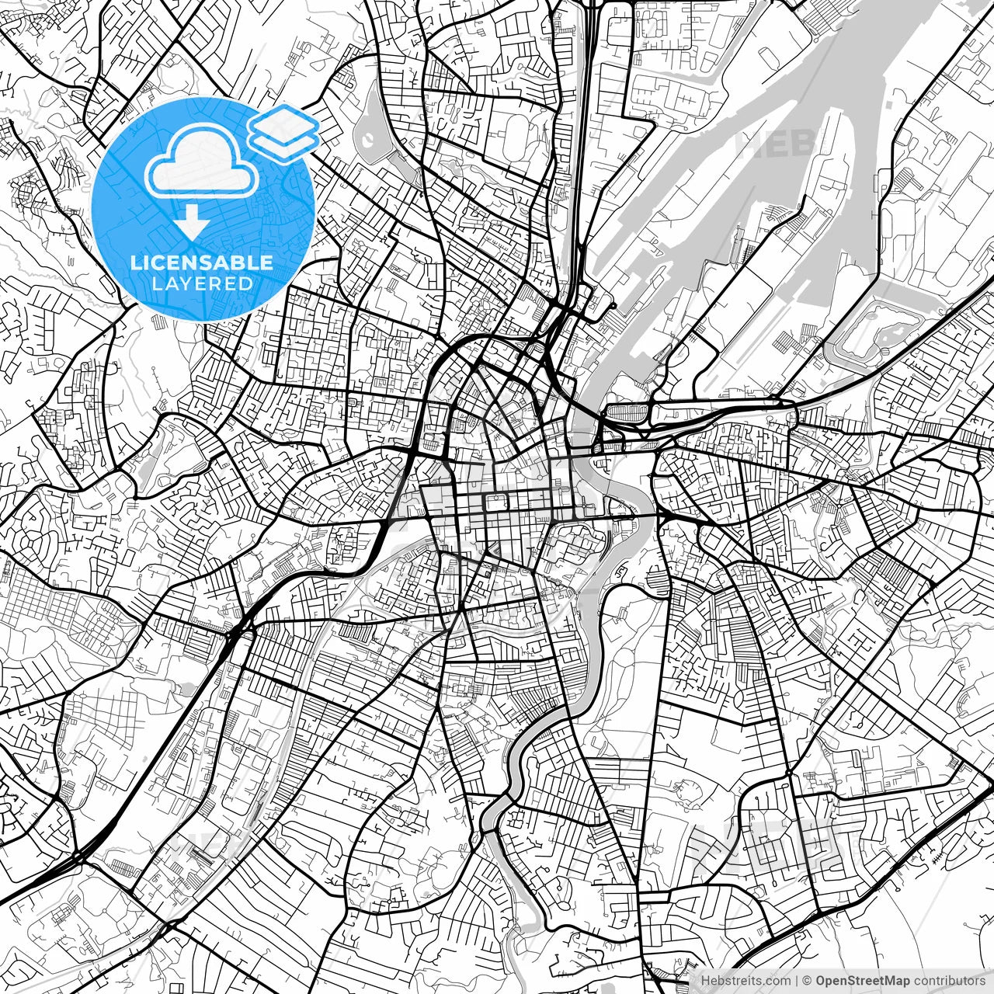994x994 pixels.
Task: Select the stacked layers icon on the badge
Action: [283, 132]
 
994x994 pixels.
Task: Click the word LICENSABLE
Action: [202, 262]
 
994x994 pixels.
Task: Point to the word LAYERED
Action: [202, 284]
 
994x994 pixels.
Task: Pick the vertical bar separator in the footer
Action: [797, 980]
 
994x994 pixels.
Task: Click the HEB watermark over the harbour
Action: [777, 144]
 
